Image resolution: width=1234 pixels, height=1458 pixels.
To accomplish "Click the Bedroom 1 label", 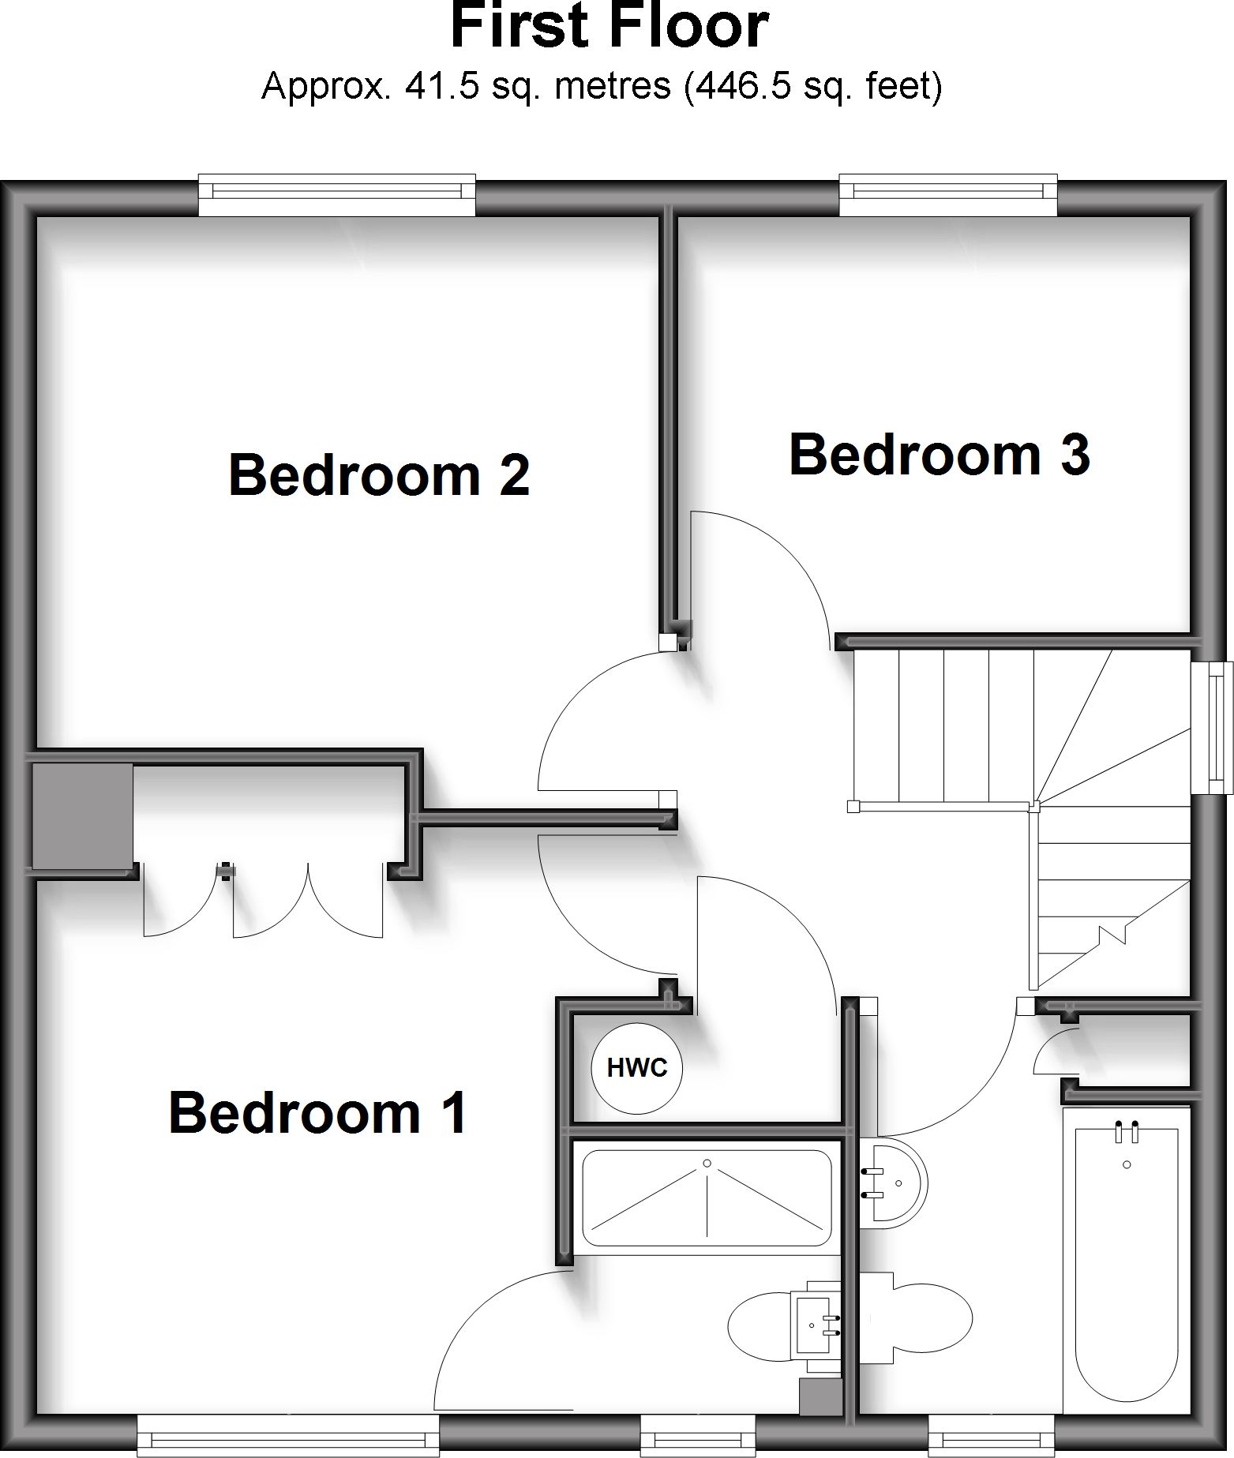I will coord(317,1113).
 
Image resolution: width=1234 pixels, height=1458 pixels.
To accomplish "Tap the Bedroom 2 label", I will coord(379,475).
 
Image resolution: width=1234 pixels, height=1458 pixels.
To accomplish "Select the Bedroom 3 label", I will coord(940,455).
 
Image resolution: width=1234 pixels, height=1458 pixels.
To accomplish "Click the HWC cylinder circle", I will coord(637,1068).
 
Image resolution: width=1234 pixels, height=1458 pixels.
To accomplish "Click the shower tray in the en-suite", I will coord(707,1198).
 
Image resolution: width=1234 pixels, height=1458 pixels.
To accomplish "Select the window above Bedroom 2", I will coord(336,194).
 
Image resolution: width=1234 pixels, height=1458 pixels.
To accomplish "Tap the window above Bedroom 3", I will coord(947,194).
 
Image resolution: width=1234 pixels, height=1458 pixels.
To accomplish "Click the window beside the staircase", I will coord(1212,727).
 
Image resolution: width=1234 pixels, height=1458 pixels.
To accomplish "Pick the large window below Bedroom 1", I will coord(288,1435).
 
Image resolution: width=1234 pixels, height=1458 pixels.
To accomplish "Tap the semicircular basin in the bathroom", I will coord(896,1183).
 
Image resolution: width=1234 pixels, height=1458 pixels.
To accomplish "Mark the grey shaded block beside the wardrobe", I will coord(82,816).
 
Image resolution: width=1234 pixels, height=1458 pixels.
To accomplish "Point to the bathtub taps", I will coord(1127,1130).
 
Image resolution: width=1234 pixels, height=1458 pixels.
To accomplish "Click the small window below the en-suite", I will coord(698,1435).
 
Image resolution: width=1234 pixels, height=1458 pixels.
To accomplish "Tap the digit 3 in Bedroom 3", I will coord(1075,455).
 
